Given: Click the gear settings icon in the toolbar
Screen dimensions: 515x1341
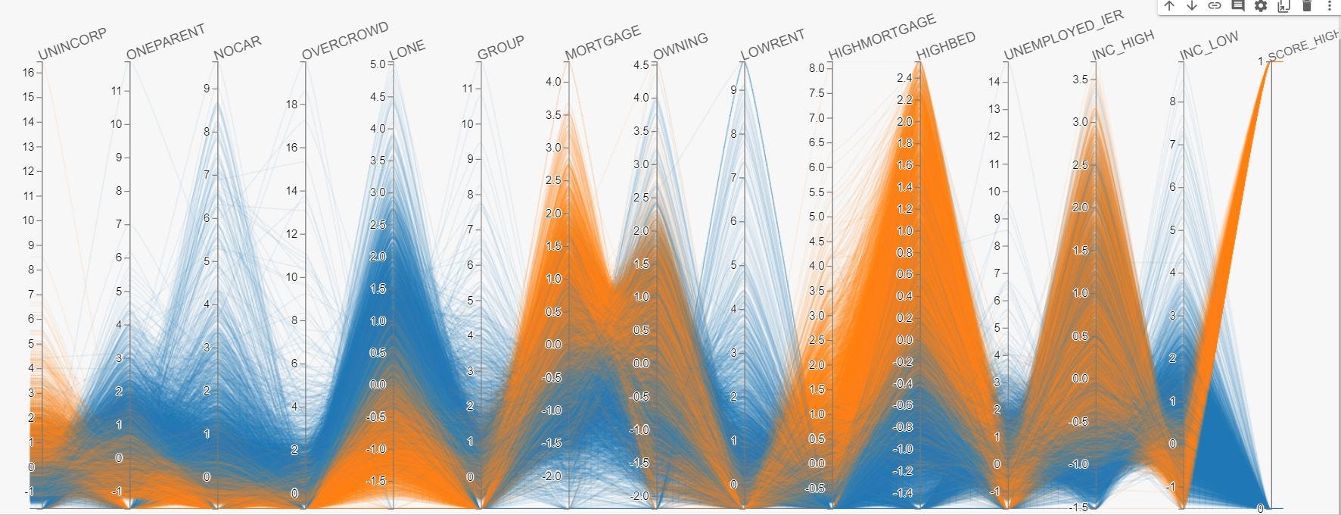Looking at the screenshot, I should click(1260, 6).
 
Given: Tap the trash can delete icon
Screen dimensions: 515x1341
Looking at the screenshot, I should click(1306, 6).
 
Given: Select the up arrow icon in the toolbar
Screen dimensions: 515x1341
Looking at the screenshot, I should click(1169, 6).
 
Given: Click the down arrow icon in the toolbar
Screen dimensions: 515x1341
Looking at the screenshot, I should click(1192, 6).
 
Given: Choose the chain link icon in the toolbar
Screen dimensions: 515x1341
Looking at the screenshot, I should click(1215, 6).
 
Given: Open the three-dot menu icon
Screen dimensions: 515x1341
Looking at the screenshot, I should click(1329, 6).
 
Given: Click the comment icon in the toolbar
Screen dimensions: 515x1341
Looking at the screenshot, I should click(1237, 6).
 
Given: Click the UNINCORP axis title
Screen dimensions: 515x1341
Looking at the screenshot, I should click(73, 44).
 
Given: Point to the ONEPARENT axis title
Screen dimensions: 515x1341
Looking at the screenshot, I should click(166, 42).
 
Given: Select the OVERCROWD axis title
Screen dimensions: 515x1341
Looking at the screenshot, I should click(345, 40).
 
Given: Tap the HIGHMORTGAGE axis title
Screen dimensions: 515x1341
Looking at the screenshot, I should click(882, 36).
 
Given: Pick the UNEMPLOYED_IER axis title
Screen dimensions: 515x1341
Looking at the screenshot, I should click(1064, 36).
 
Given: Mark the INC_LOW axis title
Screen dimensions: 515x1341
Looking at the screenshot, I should click(1209, 45).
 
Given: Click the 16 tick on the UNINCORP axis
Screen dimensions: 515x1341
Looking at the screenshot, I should click(29, 73).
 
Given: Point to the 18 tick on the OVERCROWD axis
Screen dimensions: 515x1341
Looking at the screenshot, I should click(292, 105).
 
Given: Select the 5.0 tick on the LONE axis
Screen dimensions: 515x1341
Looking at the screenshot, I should click(378, 64).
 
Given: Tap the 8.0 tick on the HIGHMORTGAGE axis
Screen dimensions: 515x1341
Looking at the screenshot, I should click(817, 68).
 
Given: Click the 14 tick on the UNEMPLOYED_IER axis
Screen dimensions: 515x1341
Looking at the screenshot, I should click(994, 82).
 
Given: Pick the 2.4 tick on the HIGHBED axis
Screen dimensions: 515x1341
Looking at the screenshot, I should click(904, 78).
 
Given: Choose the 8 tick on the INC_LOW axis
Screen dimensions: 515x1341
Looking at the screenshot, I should click(1172, 101).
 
